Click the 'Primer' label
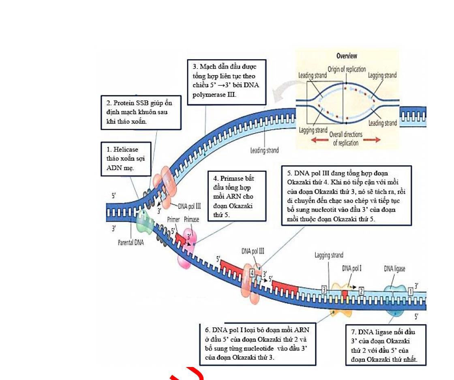(173, 219)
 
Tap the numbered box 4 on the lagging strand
(252, 273)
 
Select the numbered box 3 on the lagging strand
(324, 289)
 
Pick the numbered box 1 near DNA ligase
(411, 291)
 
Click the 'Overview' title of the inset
(347, 56)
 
